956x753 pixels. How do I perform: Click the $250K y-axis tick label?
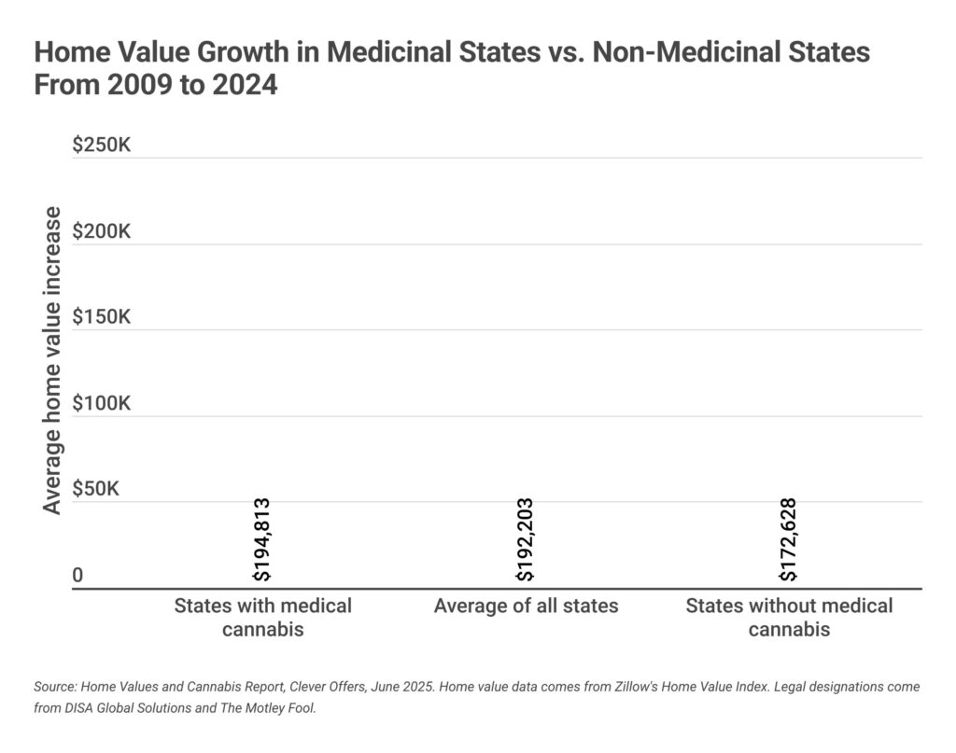pyautogui.click(x=102, y=146)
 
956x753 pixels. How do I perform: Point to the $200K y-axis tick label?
pyautogui.click(x=102, y=231)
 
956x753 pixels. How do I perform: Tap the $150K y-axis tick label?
pyautogui.click(x=102, y=317)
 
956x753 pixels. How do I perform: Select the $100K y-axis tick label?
pyautogui.click(x=102, y=404)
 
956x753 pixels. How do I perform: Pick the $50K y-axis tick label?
pyautogui.click(x=96, y=490)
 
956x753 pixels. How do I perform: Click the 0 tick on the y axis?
pyautogui.click(x=78, y=576)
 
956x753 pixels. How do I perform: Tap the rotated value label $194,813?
pyautogui.click(x=262, y=540)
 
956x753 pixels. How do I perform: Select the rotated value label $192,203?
pyautogui.click(x=526, y=540)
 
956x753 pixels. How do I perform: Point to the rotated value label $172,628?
pyautogui.click(x=789, y=540)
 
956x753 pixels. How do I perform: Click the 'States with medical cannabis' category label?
pyautogui.click(x=262, y=617)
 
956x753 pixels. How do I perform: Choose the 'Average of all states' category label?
pyautogui.click(x=526, y=606)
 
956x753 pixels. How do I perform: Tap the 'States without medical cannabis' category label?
pyautogui.click(x=789, y=617)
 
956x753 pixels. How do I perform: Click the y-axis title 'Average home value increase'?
pyautogui.click(x=52, y=360)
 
